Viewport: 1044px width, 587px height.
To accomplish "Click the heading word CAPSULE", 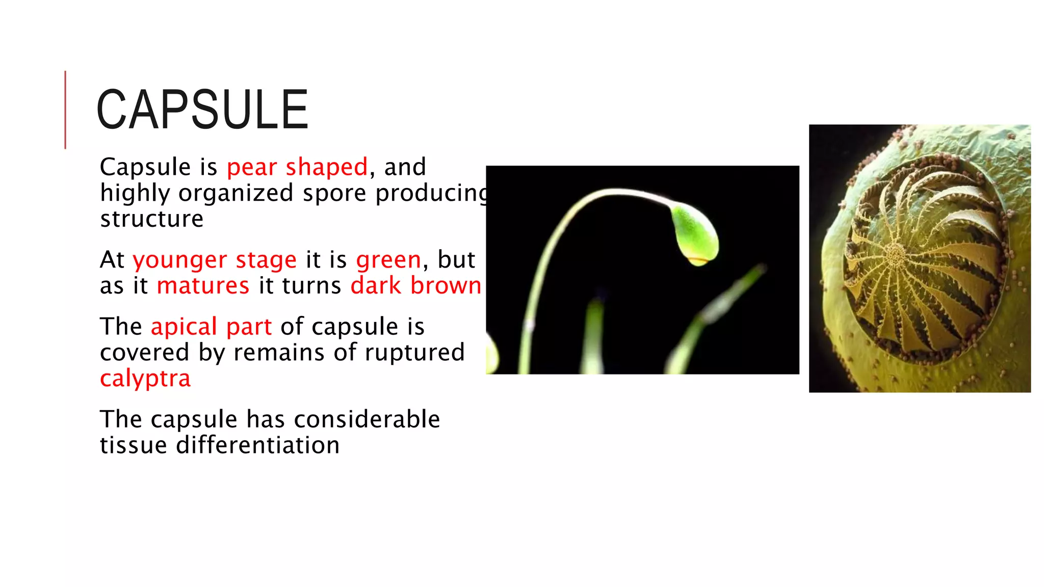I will click(x=202, y=110).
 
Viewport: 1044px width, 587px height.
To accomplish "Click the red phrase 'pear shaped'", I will click(x=297, y=167).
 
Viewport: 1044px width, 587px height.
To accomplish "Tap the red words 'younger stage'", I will click(x=215, y=260).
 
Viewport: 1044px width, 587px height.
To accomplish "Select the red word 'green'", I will click(x=388, y=260).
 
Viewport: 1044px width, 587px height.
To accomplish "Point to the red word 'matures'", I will click(x=203, y=286).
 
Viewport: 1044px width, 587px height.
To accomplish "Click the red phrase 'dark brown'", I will click(x=415, y=286).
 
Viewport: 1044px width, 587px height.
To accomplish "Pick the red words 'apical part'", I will click(x=211, y=327).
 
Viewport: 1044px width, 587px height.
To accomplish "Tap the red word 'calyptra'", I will click(x=145, y=379).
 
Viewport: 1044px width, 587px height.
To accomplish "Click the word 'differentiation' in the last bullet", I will click(x=257, y=445).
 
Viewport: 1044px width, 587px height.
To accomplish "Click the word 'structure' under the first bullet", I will click(x=152, y=219).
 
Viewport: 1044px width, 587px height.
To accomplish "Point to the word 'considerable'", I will click(x=367, y=419).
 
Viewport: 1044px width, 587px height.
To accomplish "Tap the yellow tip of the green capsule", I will click(x=698, y=261).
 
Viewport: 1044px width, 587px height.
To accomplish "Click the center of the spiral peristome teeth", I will click(x=895, y=254).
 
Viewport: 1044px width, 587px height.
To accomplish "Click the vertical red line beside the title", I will click(x=65, y=110).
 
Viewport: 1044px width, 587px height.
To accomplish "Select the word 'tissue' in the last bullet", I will click(x=133, y=445).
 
